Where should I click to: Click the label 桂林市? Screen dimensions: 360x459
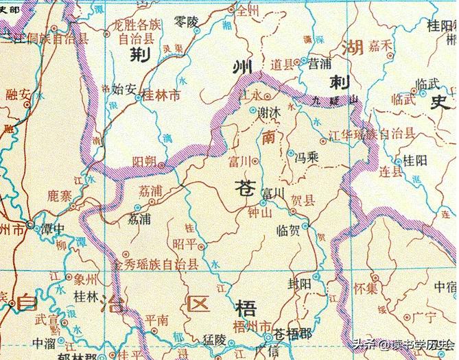pyautogui.click(x=165, y=97)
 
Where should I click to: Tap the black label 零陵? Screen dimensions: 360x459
pyautogui.click(x=185, y=21)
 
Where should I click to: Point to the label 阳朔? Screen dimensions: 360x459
pyautogui.click(x=146, y=161)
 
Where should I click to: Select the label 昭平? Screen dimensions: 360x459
pyautogui.click(x=185, y=244)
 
